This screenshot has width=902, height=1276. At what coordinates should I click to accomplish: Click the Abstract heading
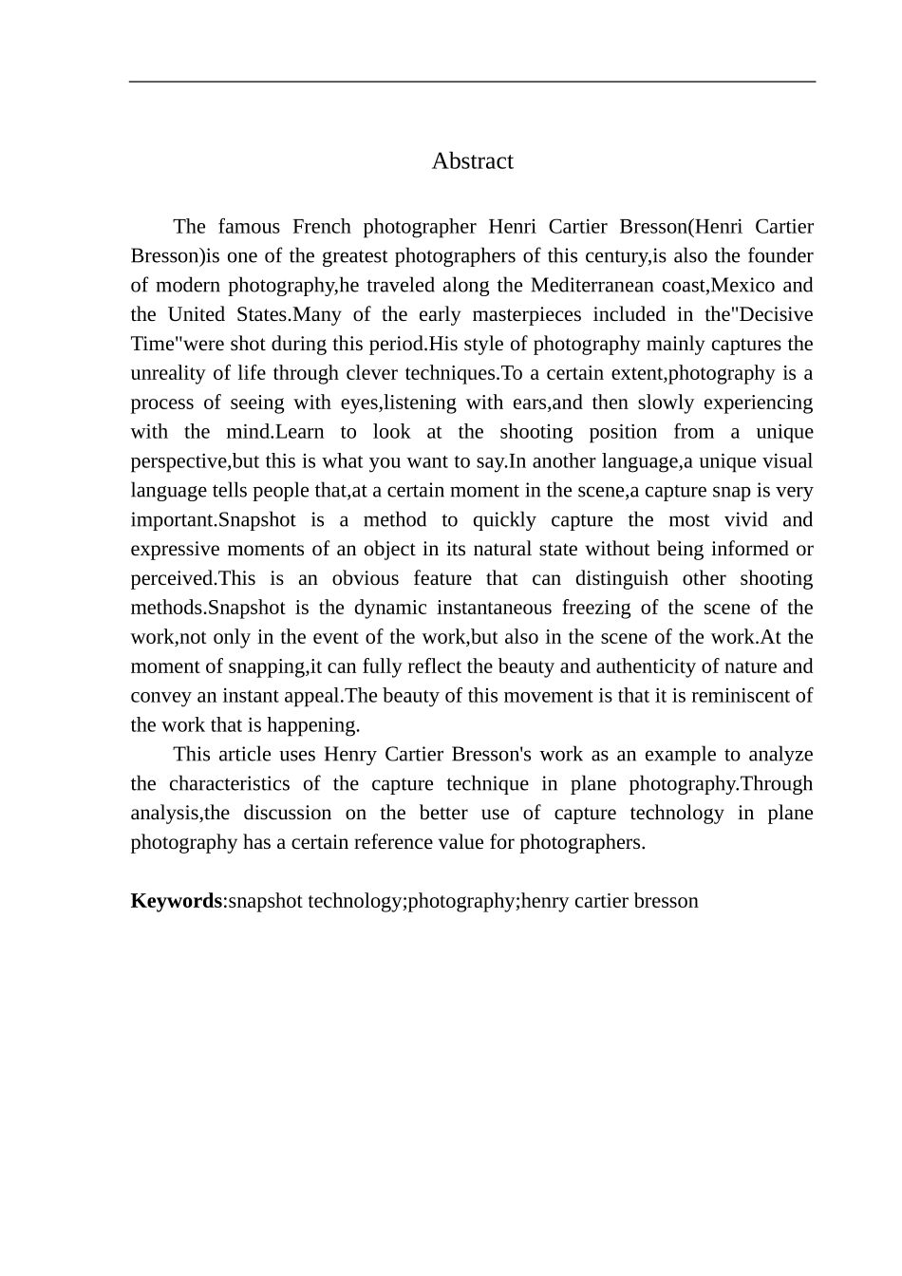[472, 161]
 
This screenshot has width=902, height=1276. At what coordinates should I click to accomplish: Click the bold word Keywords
[176, 901]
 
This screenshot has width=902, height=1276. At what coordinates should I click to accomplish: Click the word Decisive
[775, 315]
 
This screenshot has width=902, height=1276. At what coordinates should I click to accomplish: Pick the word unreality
[170, 374]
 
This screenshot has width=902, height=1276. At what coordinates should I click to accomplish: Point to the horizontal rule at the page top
[472, 83]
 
